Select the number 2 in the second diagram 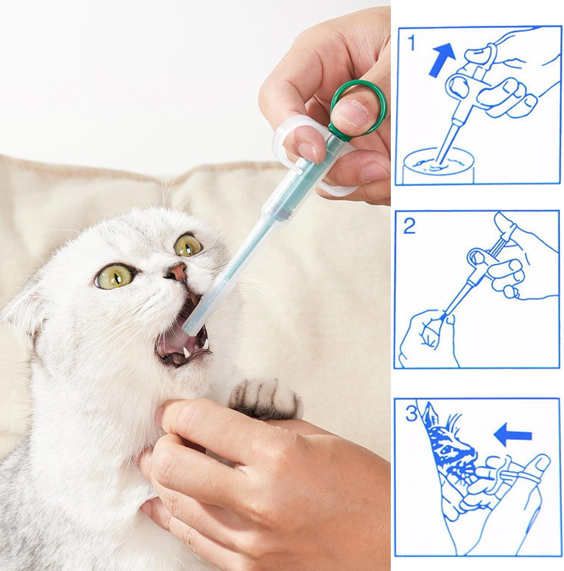(x=409, y=227)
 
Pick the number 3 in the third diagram (x=411, y=413)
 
